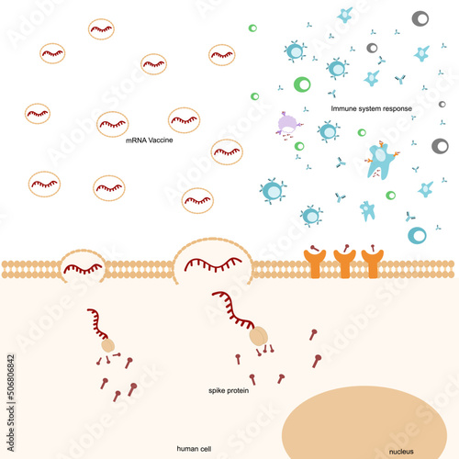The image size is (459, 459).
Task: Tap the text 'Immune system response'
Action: pos(371,108)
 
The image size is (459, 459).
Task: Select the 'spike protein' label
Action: pos(229,390)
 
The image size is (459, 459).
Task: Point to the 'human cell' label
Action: pos(194,438)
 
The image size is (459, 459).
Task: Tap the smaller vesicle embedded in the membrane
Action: pos(82,266)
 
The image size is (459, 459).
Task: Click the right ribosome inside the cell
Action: pos(259,338)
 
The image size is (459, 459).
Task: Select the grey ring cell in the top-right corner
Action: pos(420,18)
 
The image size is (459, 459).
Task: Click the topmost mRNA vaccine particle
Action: pos(102,28)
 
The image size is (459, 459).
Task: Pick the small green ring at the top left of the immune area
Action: pos(252,28)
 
